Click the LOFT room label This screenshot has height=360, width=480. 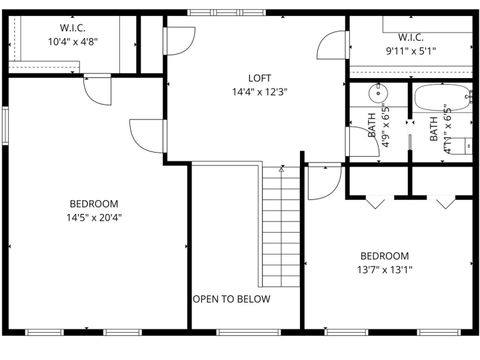(x=259, y=77)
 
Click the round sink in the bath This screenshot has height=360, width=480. (x=377, y=95)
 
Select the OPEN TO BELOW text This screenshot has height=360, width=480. (x=231, y=298)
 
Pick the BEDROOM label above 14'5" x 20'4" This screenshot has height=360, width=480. (x=95, y=203)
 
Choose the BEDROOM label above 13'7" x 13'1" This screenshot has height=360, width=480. (x=385, y=254)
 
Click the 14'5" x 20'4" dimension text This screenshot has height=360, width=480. (x=95, y=216)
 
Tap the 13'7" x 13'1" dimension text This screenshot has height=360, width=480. (x=385, y=268)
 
